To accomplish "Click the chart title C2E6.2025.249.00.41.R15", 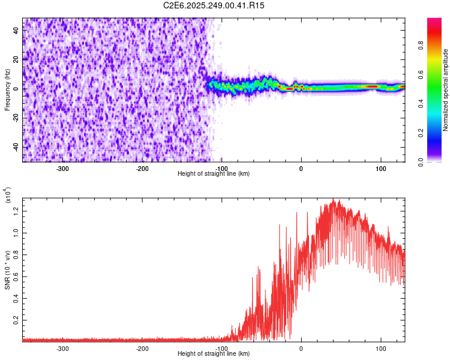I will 214,5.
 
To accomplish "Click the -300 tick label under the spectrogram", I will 63,169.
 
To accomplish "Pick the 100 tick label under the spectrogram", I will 380,169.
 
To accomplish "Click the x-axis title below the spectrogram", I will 214,174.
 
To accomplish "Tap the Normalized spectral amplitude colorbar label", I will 446,90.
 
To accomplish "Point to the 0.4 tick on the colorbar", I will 420,104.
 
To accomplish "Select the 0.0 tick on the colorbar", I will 420,162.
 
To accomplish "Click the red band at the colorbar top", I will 434,24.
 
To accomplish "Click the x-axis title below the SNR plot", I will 214,354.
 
